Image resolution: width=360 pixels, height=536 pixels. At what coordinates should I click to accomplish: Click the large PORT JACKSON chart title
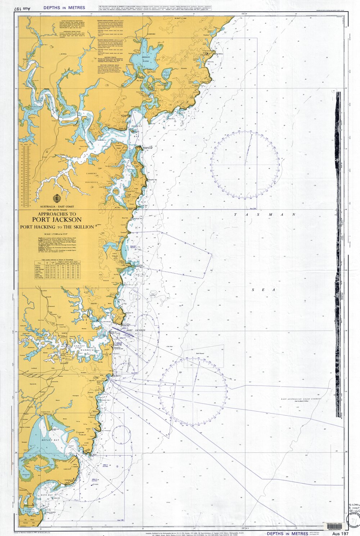[x=57, y=220]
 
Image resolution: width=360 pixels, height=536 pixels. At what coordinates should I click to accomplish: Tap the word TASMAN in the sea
[x=265, y=215]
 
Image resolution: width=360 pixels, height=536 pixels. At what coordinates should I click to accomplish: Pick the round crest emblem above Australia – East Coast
[x=57, y=199]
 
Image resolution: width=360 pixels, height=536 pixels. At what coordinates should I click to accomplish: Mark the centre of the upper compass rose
[x=245, y=165]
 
